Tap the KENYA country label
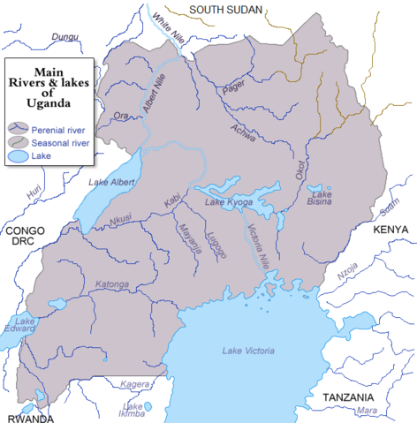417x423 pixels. tap(390, 230)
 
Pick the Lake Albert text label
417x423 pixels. tap(111, 182)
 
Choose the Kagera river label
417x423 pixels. tap(135, 385)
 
